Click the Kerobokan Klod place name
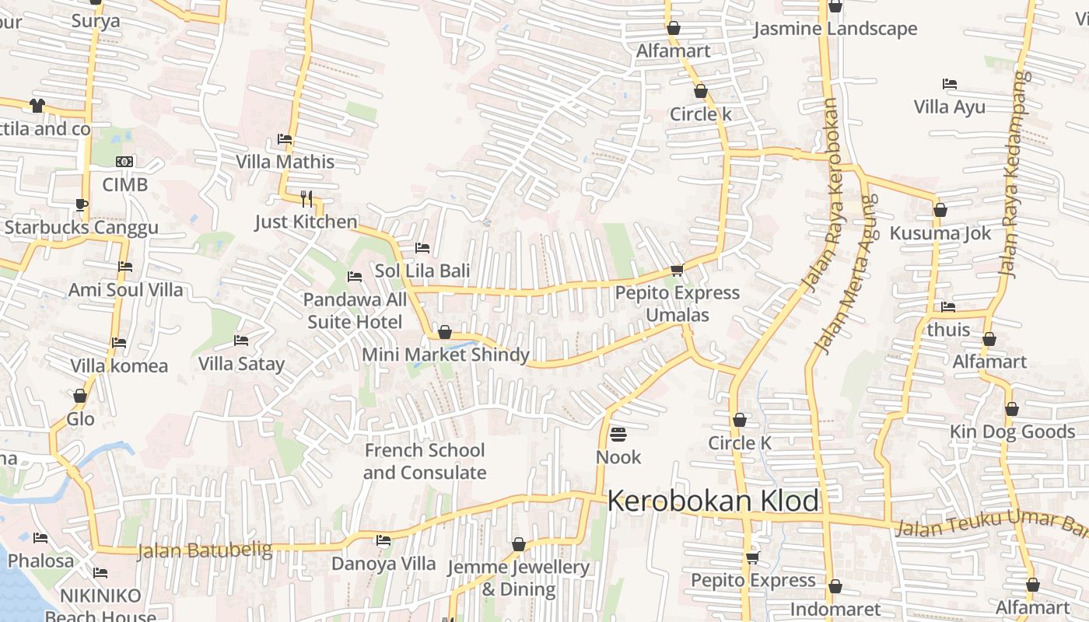[x=713, y=501]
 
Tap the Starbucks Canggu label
[x=81, y=228]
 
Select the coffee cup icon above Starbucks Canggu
[x=82, y=205]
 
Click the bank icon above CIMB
[x=124, y=162]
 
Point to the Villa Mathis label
[x=285, y=162]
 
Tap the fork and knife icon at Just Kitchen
[x=306, y=199]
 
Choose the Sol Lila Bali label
[x=422, y=271]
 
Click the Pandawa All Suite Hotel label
[x=355, y=310]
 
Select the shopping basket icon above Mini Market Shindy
[x=445, y=333]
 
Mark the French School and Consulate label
[x=425, y=461]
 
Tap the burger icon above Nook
[x=618, y=434]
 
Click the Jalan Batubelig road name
[x=205, y=550]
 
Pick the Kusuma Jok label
[x=940, y=233]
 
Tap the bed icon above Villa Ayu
[x=949, y=84]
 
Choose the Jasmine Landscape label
[x=835, y=30]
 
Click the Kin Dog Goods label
[x=1012, y=432]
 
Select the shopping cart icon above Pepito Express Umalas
[x=677, y=271]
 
